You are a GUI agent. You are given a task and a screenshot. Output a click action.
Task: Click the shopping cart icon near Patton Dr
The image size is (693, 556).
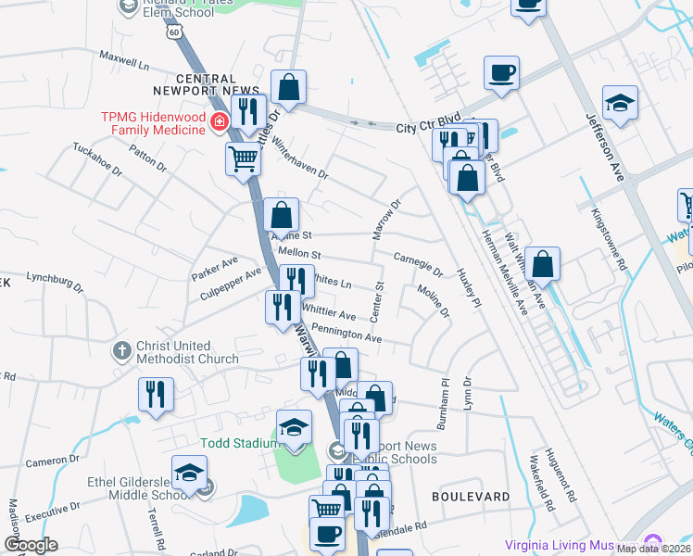[243, 158]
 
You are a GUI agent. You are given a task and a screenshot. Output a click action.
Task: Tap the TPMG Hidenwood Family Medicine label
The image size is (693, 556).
[154, 123]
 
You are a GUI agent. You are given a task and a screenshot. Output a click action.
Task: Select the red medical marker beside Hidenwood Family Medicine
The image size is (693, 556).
[220, 122]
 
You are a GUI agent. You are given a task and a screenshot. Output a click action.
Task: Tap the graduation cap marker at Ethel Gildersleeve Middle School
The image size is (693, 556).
[189, 474]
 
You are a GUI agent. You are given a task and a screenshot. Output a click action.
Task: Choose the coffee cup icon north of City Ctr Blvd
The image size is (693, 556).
[501, 72]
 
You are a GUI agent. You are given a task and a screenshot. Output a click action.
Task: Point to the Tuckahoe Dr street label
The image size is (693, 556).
[97, 158]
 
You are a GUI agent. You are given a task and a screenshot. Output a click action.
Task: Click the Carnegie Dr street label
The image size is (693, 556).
[418, 263]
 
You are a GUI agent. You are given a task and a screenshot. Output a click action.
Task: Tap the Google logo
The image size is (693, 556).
[31, 545]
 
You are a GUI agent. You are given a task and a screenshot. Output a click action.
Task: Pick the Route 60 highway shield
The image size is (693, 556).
[174, 31]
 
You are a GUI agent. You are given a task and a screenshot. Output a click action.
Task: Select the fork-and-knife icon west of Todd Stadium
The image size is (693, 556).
[156, 394]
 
